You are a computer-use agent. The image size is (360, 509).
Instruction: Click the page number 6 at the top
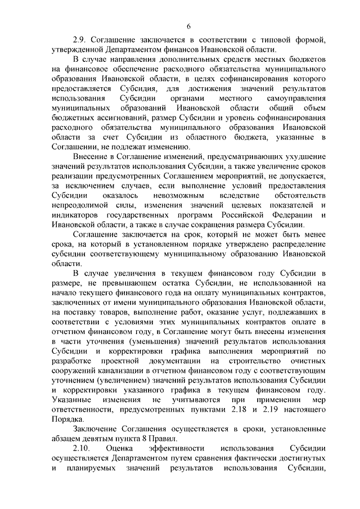[188, 26]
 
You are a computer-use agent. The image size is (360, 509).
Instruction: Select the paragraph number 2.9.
[78, 39]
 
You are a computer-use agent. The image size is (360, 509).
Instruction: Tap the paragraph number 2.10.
[81, 449]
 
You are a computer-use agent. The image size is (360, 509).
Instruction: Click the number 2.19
[287, 409]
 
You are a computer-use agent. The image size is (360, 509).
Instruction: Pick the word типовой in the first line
[275, 39]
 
